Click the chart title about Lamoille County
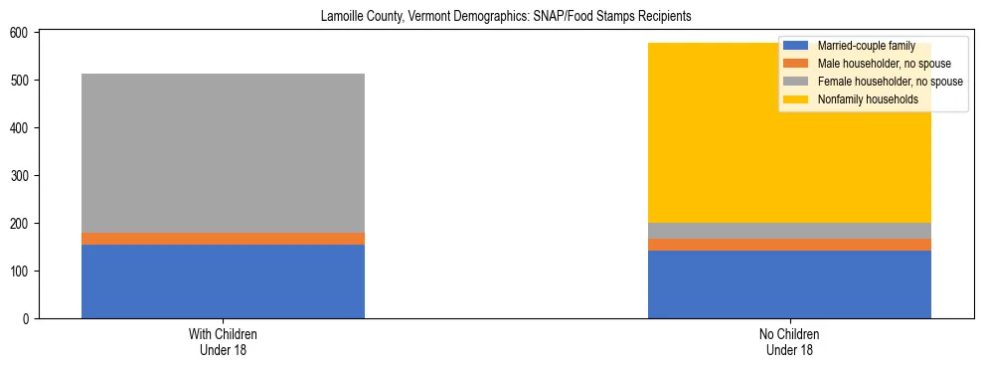tap(506, 17)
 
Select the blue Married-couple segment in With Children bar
tap(223, 281)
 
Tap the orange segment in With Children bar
tap(223, 239)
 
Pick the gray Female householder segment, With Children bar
tap(223, 153)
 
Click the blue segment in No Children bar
tap(789, 284)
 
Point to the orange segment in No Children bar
tap(789, 245)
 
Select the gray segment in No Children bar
tap(789, 231)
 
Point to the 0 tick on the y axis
tap(32, 319)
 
